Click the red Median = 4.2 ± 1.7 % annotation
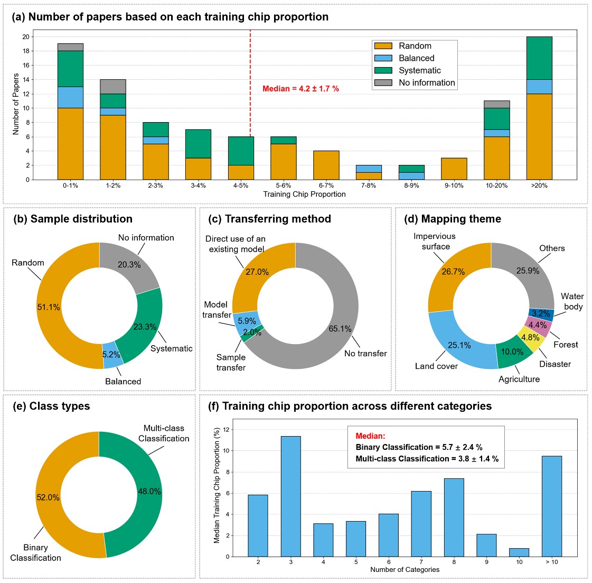(300, 89)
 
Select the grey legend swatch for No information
(383, 82)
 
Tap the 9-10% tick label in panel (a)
(454, 186)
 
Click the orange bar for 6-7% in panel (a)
(326, 165)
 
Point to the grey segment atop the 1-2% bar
(113, 87)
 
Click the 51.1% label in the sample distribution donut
(49, 307)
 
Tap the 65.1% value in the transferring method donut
(340, 329)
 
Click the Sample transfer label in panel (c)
(231, 363)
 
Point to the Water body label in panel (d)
(572, 301)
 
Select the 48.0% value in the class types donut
(149, 491)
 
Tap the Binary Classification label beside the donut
(35, 553)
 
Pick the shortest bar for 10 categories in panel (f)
(519, 552)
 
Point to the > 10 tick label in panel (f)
(551, 562)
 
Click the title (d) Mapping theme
(453, 219)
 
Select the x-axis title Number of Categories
(405, 570)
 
